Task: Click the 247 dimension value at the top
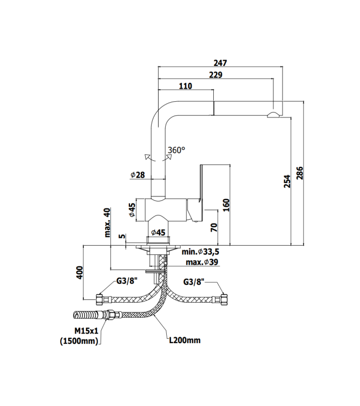(220, 63)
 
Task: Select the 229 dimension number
(215, 75)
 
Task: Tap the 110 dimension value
(185, 86)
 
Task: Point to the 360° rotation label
(176, 150)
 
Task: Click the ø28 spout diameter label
(138, 175)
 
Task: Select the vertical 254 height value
(287, 182)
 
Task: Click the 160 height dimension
(227, 205)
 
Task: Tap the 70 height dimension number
(214, 227)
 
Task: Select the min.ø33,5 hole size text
(200, 252)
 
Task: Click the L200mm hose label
(184, 340)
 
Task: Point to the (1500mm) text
(81, 340)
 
